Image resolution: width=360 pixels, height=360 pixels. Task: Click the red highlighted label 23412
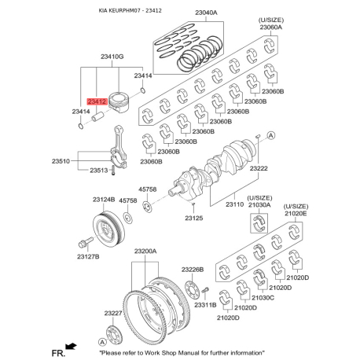(97, 101)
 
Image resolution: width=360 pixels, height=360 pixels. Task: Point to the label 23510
(62, 160)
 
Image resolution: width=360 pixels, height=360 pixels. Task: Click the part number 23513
(98, 170)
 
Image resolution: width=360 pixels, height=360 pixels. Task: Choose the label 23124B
(103, 200)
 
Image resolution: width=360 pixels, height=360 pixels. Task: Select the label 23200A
(145, 252)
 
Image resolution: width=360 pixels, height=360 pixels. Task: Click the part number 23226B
(192, 270)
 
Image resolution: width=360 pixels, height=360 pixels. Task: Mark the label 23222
(260, 168)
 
